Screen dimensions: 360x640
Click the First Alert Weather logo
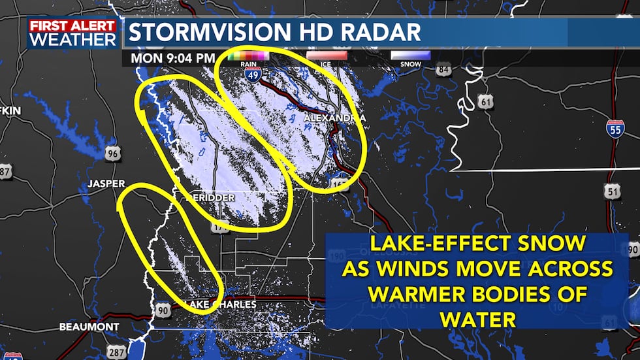pos(72,33)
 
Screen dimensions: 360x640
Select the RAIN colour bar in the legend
pos(249,56)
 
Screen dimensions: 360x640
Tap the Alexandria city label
pos(334,117)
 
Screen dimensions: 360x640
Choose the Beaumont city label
pos(89,326)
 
